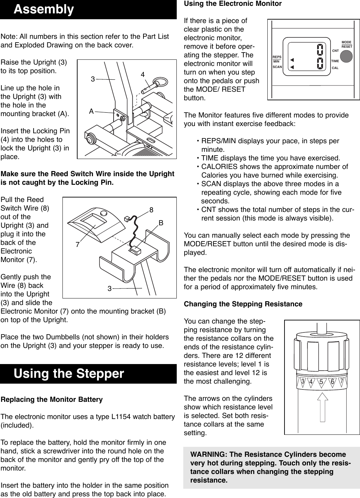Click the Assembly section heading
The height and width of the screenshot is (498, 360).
(x=44, y=9)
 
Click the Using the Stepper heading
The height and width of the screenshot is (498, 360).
(x=69, y=373)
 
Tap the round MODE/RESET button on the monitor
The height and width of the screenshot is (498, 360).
(x=347, y=56)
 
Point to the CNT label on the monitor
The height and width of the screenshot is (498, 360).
(x=335, y=51)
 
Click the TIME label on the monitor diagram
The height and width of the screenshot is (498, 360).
(x=335, y=61)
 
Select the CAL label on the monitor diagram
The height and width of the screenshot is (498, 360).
(x=335, y=68)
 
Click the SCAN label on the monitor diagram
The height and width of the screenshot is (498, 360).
(x=277, y=67)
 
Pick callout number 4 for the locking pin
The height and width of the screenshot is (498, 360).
(x=142, y=75)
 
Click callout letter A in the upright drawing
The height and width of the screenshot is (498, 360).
(x=91, y=111)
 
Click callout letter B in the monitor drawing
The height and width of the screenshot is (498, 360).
(x=161, y=223)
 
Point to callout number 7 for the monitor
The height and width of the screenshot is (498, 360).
(x=78, y=245)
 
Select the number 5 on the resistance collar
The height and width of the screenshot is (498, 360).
(x=321, y=382)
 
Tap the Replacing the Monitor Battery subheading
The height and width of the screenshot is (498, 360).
(x=52, y=399)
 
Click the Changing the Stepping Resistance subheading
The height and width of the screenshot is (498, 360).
(x=243, y=304)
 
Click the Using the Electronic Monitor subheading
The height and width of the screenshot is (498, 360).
(x=233, y=4)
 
